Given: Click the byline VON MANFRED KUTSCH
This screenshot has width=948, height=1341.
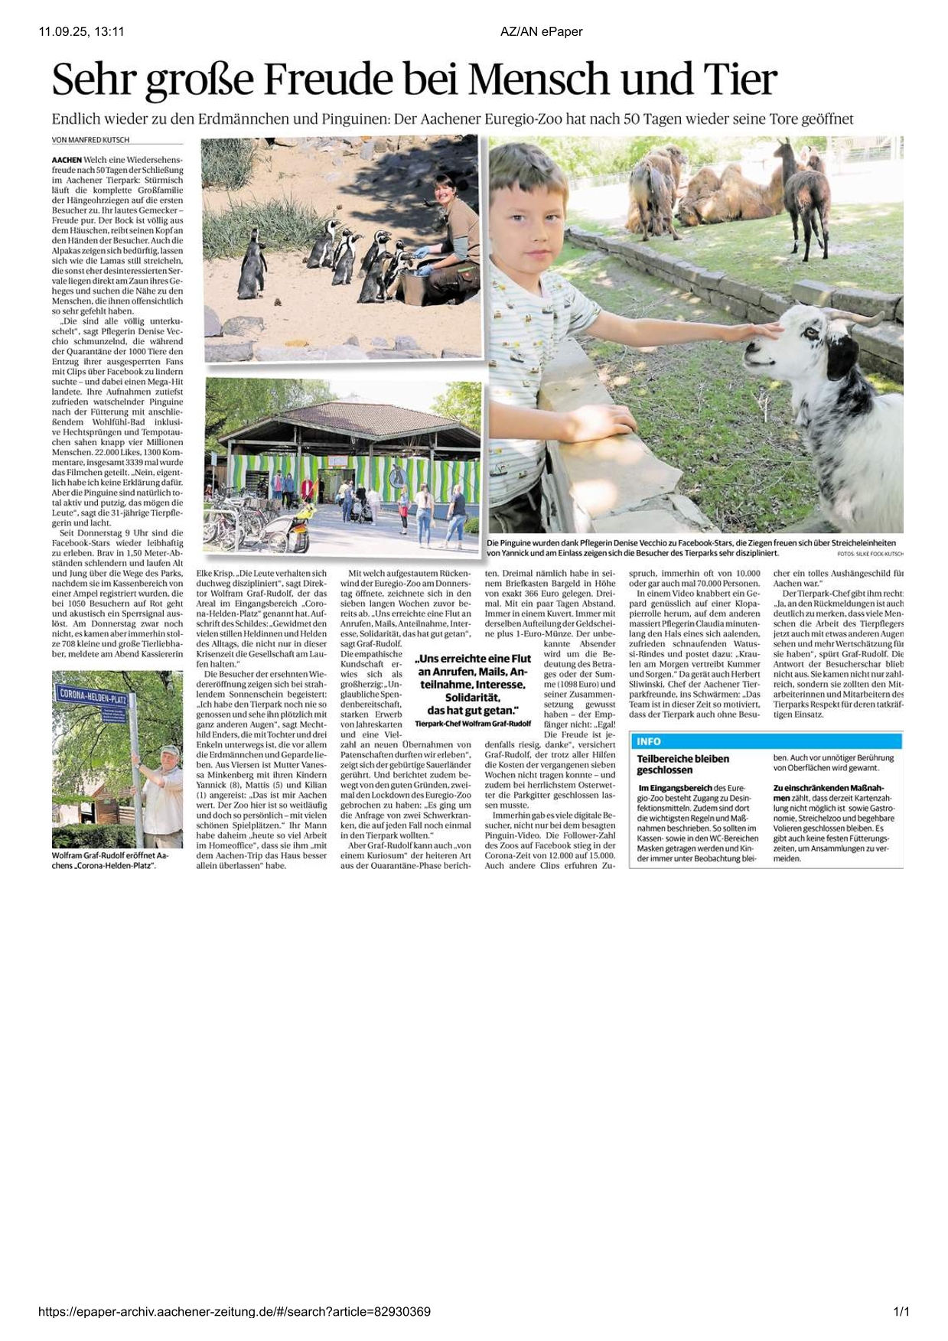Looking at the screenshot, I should pos(90,140).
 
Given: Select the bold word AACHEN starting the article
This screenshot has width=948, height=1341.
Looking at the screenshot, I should pos(67,159).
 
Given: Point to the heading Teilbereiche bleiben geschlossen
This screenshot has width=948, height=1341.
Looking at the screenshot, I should pos(682,764).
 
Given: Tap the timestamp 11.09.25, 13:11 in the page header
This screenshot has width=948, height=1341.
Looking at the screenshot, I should pos(81,31).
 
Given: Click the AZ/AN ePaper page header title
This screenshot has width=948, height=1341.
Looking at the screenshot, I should pos(541,31).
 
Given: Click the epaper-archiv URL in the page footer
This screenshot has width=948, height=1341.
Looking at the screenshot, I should pos(234,1312).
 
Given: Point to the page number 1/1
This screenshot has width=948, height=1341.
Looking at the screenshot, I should pos(901,1312).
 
